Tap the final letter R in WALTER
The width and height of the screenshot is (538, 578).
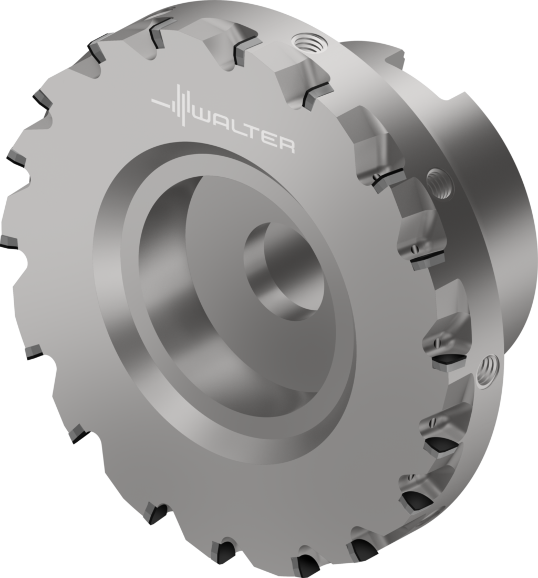(x=286, y=144)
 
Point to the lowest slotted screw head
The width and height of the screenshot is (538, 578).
(x=411, y=478)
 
